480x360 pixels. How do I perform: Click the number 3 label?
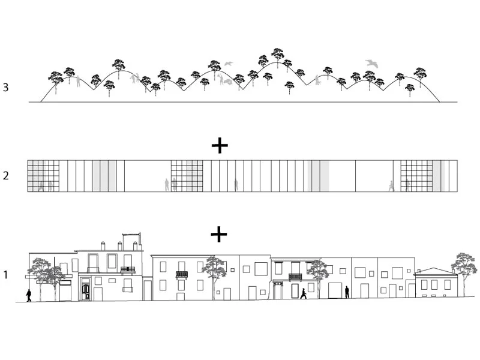click(5, 88)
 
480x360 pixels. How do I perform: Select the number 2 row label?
click(5, 176)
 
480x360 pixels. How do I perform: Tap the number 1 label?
click(5, 275)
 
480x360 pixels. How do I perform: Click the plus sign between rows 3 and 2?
click(220, 145)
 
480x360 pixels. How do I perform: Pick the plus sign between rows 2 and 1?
click(220, 234)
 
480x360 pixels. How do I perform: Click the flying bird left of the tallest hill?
click(227, 63)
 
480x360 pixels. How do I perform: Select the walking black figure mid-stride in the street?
click(304, 293)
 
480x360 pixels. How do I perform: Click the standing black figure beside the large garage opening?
click(347, 292)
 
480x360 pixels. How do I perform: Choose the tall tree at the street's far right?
click(463, 269)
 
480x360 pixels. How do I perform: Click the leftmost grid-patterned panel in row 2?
click(43, 176)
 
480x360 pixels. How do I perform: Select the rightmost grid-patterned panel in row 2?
click(416, 176)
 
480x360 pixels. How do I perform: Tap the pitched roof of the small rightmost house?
click(434, 272)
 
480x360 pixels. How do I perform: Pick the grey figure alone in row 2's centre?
click(236, 184)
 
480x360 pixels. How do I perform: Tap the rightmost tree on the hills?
click(420, 74)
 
